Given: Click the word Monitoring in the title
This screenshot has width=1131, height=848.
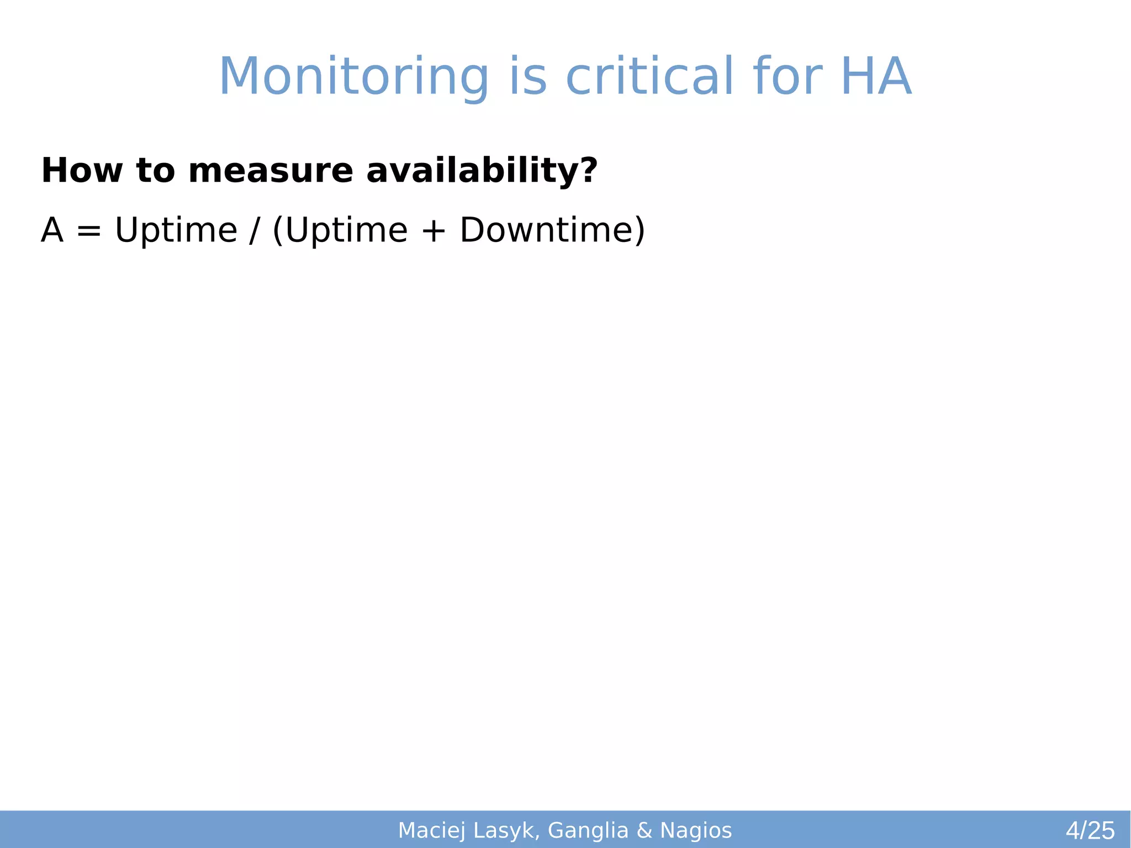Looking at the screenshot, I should pos(353,77).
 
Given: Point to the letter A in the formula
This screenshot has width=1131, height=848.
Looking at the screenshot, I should pos(52,230).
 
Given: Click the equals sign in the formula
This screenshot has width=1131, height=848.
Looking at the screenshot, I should pos(89,231).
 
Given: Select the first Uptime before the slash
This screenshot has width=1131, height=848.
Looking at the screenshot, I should pos(176,231).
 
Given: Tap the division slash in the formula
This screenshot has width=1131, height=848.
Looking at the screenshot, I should pos(253,231).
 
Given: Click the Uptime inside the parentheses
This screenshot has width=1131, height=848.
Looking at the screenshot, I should pos(346,231).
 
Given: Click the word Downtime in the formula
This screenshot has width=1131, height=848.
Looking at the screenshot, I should pos(547,230).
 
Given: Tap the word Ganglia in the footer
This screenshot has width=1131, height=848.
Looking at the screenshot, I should pos(588,830).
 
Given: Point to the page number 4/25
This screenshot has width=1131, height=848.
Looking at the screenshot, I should pos(1090,830).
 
